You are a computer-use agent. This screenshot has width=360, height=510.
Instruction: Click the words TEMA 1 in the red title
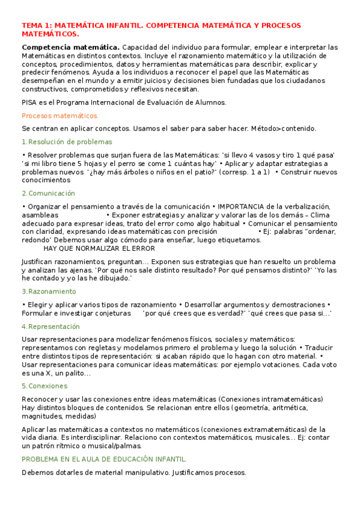35,26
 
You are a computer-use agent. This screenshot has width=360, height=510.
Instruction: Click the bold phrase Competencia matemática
70,48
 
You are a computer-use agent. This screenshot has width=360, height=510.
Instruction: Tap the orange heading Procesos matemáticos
59,115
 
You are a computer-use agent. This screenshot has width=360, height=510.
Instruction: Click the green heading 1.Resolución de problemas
66,142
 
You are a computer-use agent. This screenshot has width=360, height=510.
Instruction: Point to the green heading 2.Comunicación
48,194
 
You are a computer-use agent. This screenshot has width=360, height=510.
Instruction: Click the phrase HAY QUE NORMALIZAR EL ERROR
99,248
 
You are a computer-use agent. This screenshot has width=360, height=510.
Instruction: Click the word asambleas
40,215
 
